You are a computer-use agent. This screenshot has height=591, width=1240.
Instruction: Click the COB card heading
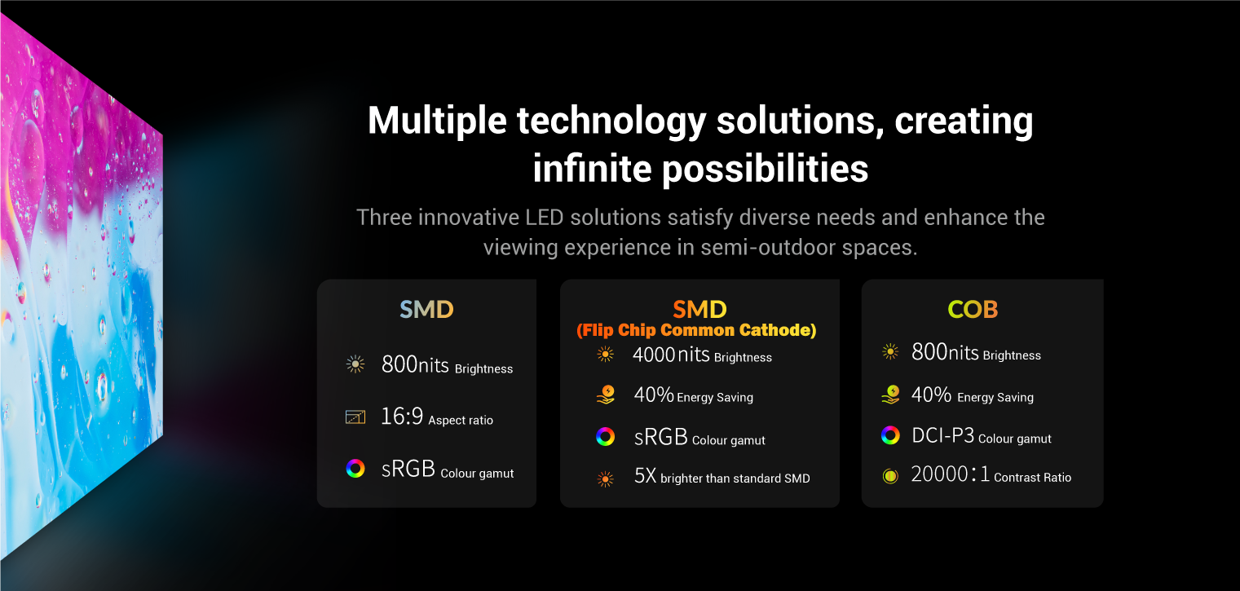[x=973, y=309]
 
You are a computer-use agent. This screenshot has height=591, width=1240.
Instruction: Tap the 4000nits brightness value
[x=671, y=355]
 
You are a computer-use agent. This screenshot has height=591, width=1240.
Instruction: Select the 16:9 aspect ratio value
[x=402, y=416]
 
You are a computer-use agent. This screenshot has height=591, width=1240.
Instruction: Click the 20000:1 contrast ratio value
[x=950, y=474]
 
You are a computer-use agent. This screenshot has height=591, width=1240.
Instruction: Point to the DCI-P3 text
[x=942, y=435]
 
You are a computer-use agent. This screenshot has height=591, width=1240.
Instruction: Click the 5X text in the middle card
[x=645, y=475]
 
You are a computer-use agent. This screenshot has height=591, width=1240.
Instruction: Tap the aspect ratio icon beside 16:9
[x=355, y=417]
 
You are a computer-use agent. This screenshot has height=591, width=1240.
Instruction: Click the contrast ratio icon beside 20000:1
[x=890, y=476]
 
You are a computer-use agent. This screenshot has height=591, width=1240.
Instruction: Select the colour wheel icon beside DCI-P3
[x=890, y=435]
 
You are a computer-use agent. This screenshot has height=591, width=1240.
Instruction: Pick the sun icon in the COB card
[x=890, y=351]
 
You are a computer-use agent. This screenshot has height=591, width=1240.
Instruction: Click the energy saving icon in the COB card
[x=891, y=395]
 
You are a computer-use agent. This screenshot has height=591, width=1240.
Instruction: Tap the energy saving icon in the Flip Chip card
[x=606, y=395]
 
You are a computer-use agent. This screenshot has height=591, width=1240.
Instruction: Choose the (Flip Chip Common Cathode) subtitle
[x=696, y=330]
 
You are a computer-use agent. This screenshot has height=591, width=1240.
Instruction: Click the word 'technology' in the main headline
[x=611, y=121]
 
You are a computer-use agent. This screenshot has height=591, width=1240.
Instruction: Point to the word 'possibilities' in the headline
[x=765, y=170]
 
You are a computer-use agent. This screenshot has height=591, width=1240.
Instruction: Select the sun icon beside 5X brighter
[x=606, y=479]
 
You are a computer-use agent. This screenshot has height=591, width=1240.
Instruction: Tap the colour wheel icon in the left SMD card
[x=355, y=468]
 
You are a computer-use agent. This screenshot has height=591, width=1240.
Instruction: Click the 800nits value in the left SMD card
[x=415, y=364]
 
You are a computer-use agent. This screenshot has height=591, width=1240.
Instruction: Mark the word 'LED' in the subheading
[x=544, y=218]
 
